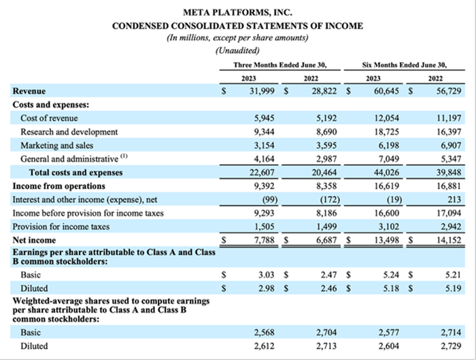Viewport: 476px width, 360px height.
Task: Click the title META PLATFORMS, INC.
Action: [x=237, y=13]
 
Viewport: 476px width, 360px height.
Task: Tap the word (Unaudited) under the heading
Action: [x=237, y=50]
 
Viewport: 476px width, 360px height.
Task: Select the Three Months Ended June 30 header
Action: [x=280, y=65]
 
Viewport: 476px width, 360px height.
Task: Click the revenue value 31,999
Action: [x=262, y=91]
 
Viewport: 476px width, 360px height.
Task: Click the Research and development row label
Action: [x=69, y=131]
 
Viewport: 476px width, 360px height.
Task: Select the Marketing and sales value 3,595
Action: [x=323, y=145]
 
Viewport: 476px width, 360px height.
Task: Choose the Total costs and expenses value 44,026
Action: [x=386, y=172]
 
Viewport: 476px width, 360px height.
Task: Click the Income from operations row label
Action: [x=58, y=185]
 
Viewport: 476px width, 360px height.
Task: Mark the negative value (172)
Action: [x=326, y=199]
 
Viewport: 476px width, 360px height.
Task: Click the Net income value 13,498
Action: [x=386, y=240]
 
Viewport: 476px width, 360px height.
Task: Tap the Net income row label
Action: [x=33, y=240]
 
